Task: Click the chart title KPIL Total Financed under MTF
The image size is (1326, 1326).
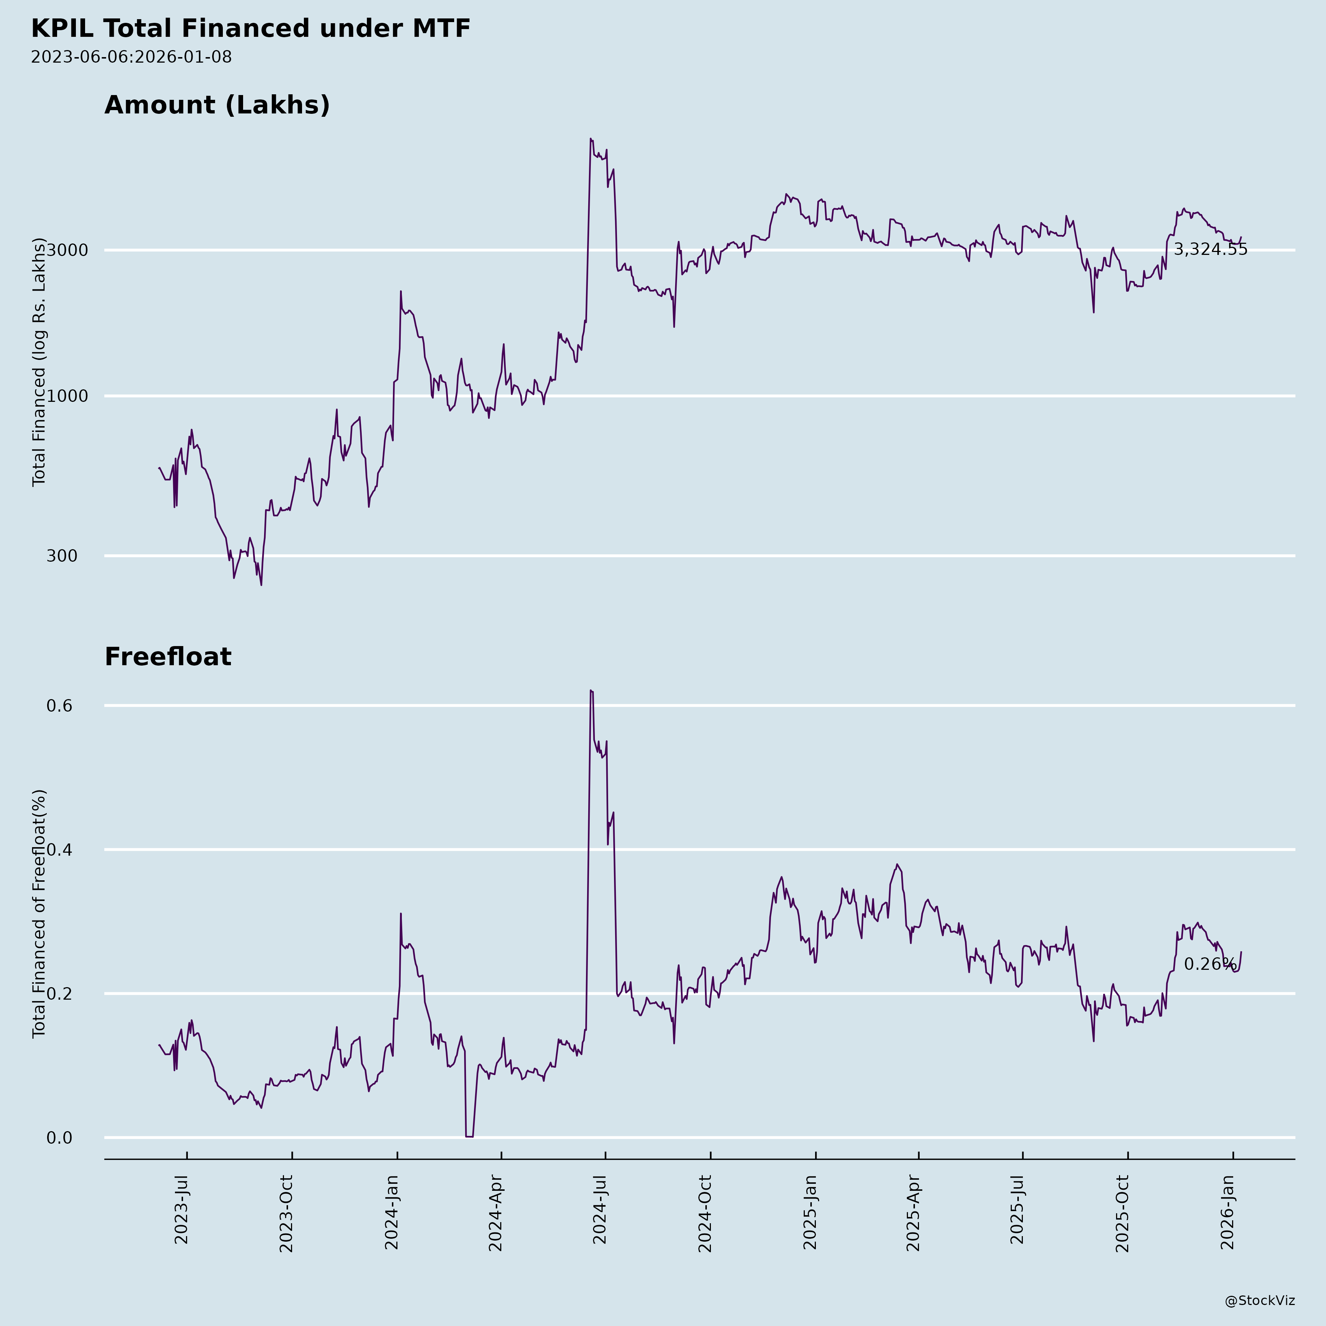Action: pos(250,29)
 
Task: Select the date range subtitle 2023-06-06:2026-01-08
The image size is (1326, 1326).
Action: pos(131,57)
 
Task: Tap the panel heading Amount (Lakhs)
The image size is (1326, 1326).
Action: pos(217,105)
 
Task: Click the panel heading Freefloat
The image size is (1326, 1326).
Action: pos(168,657)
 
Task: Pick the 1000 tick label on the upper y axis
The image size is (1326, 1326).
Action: pos(67,396)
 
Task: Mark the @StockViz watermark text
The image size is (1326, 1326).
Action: pos(1260,1301)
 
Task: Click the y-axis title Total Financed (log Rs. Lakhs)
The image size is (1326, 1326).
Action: pos(39,362)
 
